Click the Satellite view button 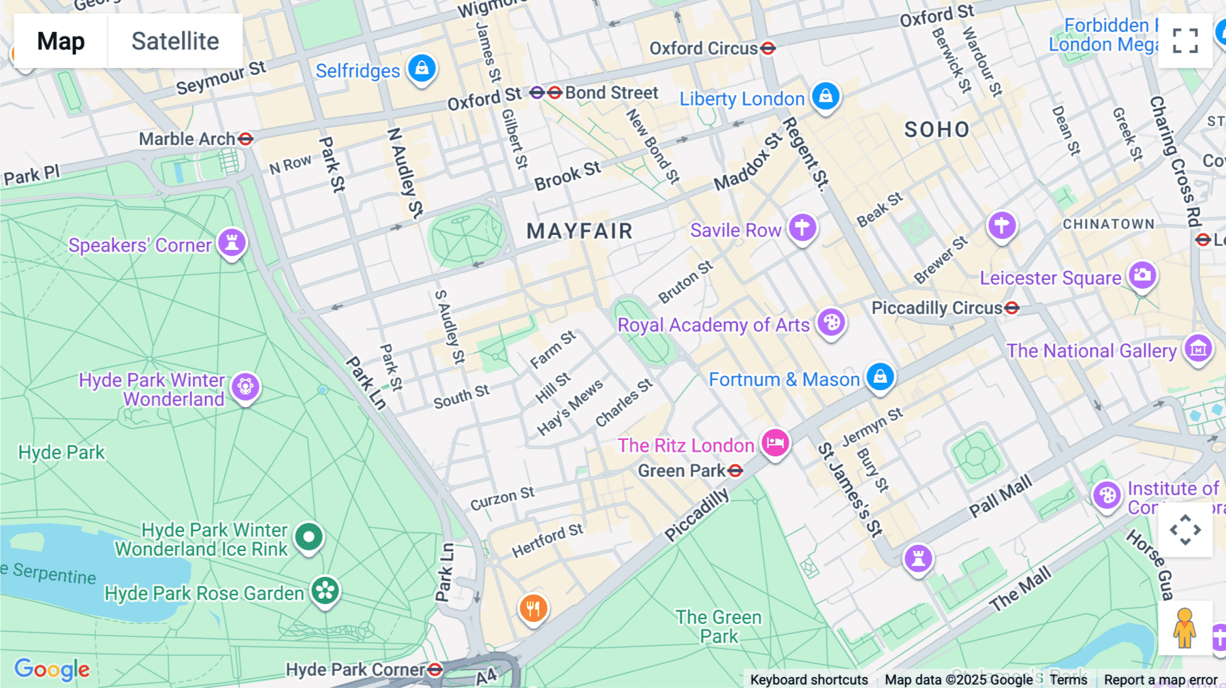175,42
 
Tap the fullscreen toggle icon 1185,41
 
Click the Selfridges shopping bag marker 422,68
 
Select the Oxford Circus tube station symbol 768,48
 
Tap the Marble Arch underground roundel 246,139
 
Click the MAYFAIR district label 580,231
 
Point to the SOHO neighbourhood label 937,129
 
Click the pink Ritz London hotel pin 775,443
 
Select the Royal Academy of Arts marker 831,322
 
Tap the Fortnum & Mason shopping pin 880,376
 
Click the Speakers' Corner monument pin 232,243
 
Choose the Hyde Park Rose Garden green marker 326,591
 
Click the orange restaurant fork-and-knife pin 533,608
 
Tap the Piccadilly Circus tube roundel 1012,308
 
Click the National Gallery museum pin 1198,349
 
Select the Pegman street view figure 1184,628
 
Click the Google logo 52,670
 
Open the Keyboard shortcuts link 808,679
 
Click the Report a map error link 1160,679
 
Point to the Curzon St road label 502,499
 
